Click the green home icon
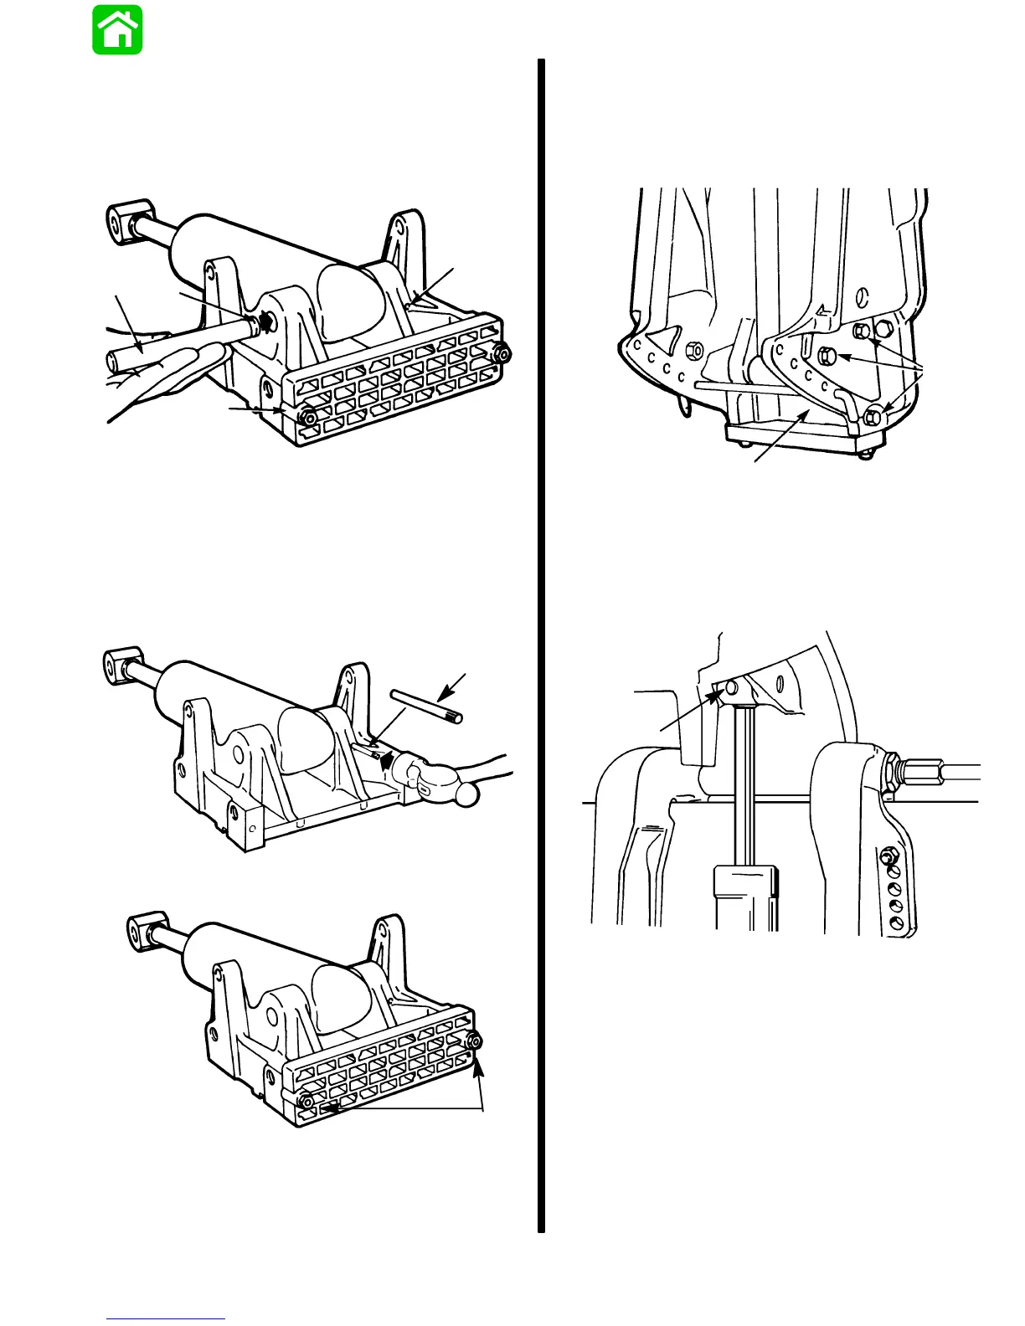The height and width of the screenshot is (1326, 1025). [x=117, y=30]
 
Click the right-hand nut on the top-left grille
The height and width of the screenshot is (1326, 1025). [x=502, y=352]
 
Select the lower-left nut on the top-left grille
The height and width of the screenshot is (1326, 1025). [x=308, y=416]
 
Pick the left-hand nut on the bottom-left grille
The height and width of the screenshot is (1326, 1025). [x=306, y=1099]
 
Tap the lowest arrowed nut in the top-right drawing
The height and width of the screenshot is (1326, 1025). [x=873, y=414]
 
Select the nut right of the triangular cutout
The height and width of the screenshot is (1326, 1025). [x=693, y=348]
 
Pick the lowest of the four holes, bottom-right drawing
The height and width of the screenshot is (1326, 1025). [x=897, y=923]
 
